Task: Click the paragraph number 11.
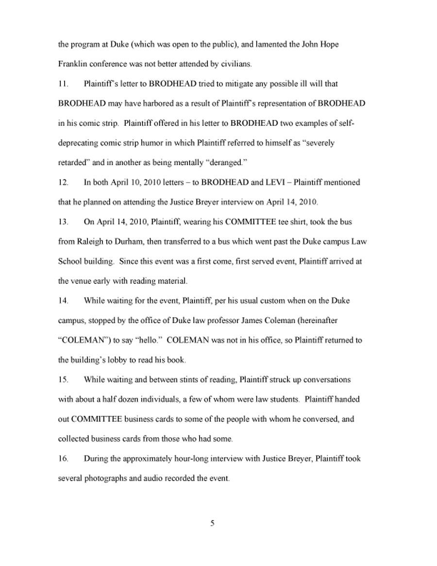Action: pyautogui.click(x=62, y=84)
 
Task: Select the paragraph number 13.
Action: pyautogui.click(x=62, y=222)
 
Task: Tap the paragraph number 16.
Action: pyautogui.click(x=62, y=459)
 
